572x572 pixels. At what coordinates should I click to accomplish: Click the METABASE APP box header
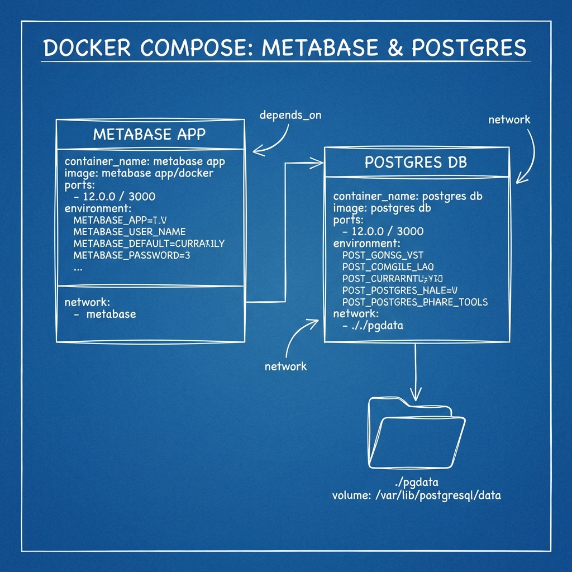tap(150, 134)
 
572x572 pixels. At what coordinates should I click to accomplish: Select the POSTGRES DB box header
tap(416, 162)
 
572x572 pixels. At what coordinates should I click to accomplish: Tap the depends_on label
tap(290, 116)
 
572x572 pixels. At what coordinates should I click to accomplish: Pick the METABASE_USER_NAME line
tap(130, 231)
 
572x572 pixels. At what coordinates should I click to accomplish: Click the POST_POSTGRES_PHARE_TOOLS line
tap(415, 302)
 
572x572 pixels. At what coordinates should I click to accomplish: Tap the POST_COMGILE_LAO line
tap(388, 267)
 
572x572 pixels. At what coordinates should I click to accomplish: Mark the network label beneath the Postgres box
tap(285, 366)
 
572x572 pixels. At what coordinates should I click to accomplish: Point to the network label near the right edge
tap(509, 120)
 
